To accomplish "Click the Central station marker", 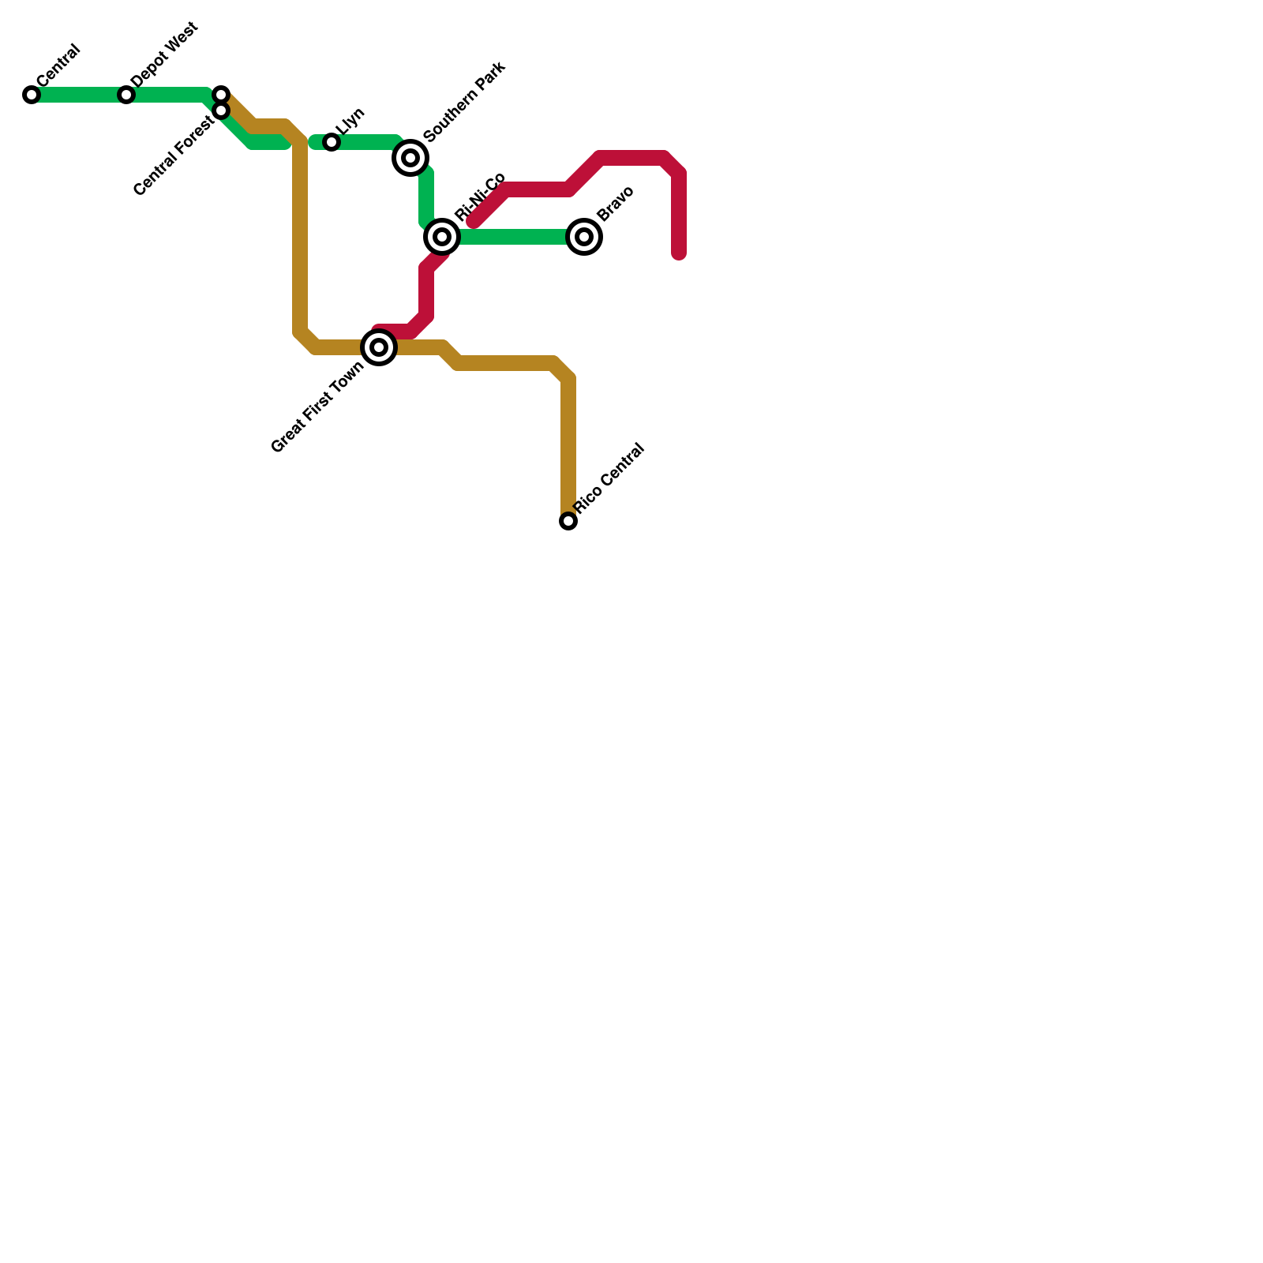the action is point(32,95).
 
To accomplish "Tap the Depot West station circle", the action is point(126,95).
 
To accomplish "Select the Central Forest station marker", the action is point(221,111).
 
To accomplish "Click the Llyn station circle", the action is point(332,142).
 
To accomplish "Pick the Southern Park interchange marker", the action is point(410,158).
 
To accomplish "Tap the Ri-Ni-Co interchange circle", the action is point(442,237).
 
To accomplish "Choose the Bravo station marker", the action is point(584,237).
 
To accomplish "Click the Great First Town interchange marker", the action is point(379,347).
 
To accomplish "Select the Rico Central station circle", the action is point(568,521).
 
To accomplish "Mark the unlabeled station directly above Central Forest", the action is point(221,95).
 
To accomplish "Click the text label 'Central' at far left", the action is point(58,65).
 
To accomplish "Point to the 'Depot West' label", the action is point(165,55).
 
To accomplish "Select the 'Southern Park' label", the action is point(464,102).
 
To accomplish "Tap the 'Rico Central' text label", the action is point(609,479).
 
